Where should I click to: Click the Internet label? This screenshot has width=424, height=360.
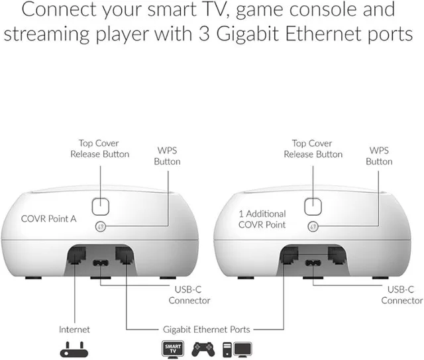[74, 329]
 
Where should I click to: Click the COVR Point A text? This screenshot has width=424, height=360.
[48, 218]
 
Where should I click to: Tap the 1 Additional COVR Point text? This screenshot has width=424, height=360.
[262, 219]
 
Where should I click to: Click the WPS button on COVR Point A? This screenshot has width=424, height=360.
[101, 226]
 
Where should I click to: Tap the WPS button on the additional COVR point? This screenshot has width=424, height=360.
[312, 226]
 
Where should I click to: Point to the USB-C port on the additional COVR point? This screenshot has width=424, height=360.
[312, 262]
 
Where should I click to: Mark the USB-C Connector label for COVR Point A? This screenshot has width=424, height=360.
[189, 295]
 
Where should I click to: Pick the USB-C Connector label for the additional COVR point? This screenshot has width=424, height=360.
[401, 295]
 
